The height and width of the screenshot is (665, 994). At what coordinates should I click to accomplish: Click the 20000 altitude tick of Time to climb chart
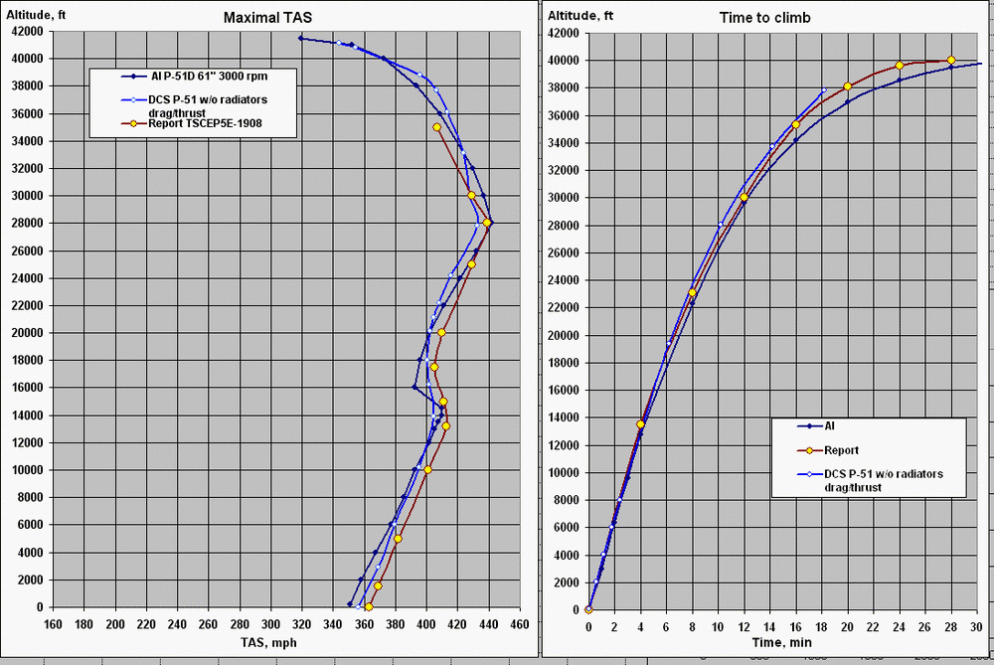563,335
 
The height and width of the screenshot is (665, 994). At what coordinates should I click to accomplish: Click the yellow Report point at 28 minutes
951,60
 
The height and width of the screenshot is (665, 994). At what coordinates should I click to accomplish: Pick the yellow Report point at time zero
588,609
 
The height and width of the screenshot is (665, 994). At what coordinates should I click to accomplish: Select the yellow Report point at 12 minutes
744,197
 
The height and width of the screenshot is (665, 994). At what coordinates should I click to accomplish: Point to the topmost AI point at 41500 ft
301,39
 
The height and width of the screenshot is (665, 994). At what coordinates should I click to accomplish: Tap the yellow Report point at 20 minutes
847,86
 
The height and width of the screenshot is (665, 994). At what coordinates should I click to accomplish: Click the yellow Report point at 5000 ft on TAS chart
398,539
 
